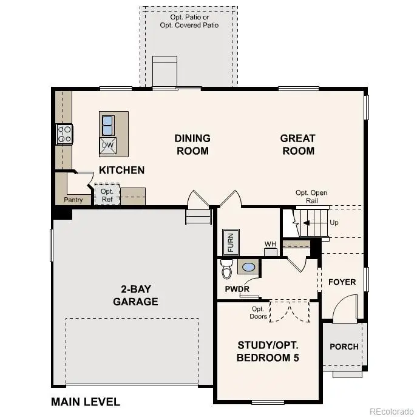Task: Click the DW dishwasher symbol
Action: click(107, 145)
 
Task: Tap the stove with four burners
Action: click(64, 134)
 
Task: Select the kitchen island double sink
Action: click(107, 125)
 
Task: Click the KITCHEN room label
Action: click(122, 170)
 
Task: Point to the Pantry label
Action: click(73, 200)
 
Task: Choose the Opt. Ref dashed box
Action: click(107, 195)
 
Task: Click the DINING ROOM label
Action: click(192, 144)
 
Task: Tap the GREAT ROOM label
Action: click(297, 144)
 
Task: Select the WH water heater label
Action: click(270, 244)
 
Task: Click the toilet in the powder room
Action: click(226, 266)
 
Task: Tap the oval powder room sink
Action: click(248, 266)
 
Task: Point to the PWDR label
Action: click(237, 289)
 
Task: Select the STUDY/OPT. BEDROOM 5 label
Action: click(268, 351)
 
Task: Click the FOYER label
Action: click(342, 282)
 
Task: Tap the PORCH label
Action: click(344, 347)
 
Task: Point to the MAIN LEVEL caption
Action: click(86, 402)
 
